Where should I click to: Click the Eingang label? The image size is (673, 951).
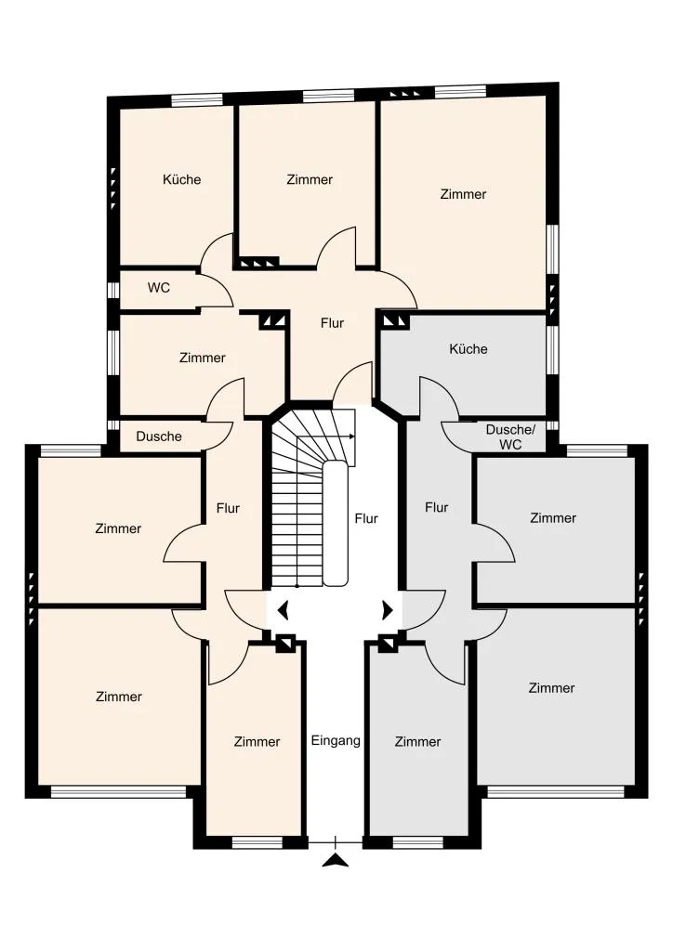coord(336,740)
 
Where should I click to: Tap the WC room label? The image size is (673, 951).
coord(158,288)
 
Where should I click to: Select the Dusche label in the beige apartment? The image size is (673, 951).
coord(159,436)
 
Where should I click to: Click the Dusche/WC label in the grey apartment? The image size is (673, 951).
coord(510,436)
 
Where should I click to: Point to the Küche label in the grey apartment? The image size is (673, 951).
coord(468,349)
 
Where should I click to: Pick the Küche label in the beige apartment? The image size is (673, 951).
coord(181,179)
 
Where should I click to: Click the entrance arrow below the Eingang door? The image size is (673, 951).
coord(335,860)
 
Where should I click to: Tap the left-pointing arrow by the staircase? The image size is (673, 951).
coord(283,610)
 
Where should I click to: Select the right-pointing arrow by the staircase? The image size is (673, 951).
coord(388,610)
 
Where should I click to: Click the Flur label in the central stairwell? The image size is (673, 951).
coord(366,518)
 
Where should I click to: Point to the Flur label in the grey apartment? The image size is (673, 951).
coord(436,507)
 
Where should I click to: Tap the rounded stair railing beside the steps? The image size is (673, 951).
coord(335,523)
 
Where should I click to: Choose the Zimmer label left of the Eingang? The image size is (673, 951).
coord(257,741)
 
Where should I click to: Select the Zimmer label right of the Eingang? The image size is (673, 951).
coord(417,741)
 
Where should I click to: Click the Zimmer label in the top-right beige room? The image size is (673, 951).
coord(463,194)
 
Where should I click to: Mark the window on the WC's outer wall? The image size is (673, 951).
coord(113,290)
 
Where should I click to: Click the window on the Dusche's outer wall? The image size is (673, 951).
coord(113,425)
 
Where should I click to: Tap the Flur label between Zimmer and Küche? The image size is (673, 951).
coord(332,323)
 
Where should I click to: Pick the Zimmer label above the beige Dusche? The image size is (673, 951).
coord(202,358)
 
